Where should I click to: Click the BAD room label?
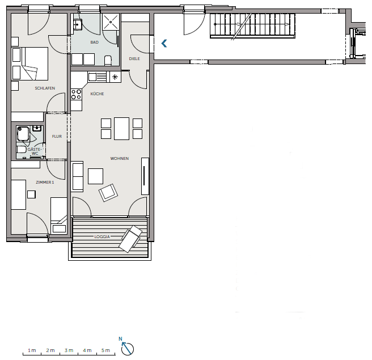(94, 42)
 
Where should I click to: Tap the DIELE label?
(134, 58)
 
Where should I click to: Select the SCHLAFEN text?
(45, 88)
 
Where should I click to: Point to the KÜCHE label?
(97, 94)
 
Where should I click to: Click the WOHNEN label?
(119, 158)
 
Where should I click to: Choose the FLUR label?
(57, 137)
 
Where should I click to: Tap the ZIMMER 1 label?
(45, 183)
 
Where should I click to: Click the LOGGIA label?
(102, 236)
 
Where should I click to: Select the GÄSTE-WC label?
(35, 151)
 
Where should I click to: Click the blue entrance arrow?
(164, 44)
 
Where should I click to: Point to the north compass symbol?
(127, 347)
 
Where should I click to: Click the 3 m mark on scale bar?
(69, 350)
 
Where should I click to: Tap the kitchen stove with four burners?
(77, 94)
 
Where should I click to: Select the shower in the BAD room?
(111, 22)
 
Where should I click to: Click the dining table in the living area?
(121, 129)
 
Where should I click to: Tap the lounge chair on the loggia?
(131, 239)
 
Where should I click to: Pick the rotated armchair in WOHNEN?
(108, 193)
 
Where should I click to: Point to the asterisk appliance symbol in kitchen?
(115, 77)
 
